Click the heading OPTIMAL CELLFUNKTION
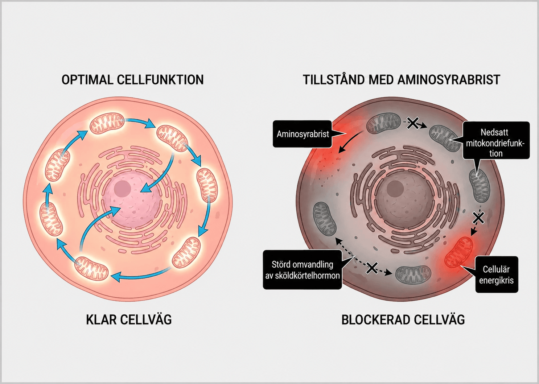click(133, 80)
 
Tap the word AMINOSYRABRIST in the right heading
click(449, 80)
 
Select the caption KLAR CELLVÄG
click(129, 319)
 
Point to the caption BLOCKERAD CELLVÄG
click(403, 319)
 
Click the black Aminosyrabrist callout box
click(302, 134)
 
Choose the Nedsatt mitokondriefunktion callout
click(496, 140)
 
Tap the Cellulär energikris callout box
click(497, 274)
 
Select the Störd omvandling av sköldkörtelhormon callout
click(302, 270)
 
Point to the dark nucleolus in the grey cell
click(395, 189)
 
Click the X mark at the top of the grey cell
click(412, 123)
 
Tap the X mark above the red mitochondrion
click(478, 218)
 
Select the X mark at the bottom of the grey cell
click(372, 268)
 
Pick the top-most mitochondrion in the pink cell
click(107, 124)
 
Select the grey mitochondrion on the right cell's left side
click(325, 219)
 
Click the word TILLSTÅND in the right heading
click(334, 80)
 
